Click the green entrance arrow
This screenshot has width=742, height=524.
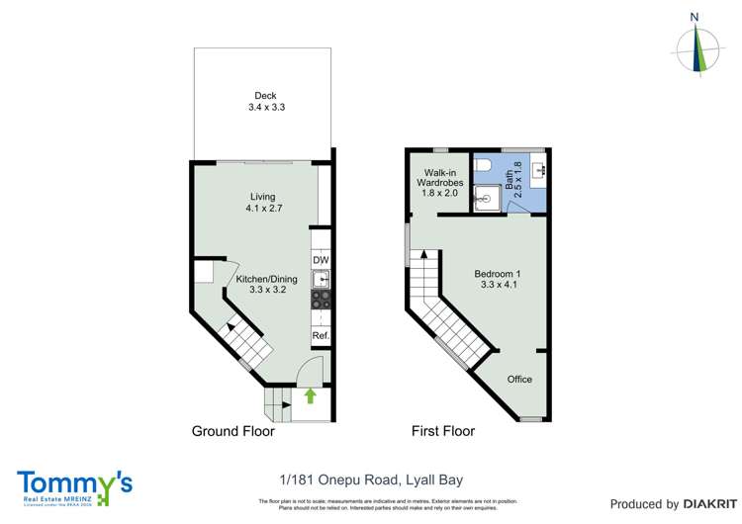tap(310, 396)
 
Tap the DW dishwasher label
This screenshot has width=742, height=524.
tap(321, 261)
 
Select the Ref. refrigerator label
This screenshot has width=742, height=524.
tap(321, 336)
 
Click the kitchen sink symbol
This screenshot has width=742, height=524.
tap(321, 280)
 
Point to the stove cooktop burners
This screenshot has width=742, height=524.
tap(321, 300)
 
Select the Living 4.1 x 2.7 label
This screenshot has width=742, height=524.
tap(262, 203)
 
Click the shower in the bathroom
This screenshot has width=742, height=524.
tap(486, 198)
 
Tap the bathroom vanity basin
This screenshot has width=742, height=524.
tap(539, 172)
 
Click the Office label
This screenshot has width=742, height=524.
tap(519, 380)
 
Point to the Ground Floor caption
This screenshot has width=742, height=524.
tap(232, 432)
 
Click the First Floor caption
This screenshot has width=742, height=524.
tap(443, 432)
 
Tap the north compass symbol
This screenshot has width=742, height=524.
tap(697, 44)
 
